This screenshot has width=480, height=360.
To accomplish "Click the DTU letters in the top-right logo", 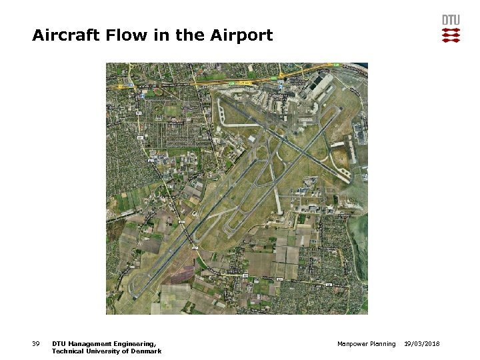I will click(x=451, y=20).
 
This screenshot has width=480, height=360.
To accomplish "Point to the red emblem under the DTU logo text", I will click(x=451, y=35).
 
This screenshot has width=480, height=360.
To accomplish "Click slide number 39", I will click(x=36, y=344).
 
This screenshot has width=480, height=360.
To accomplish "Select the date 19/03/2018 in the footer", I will click(x=421, y=344).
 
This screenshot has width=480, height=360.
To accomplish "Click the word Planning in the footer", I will click(x=383, y=344).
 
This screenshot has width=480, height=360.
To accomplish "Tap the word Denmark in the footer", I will click(x=146, y=351).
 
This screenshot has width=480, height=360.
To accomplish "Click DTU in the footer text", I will click(x=58, y=344).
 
